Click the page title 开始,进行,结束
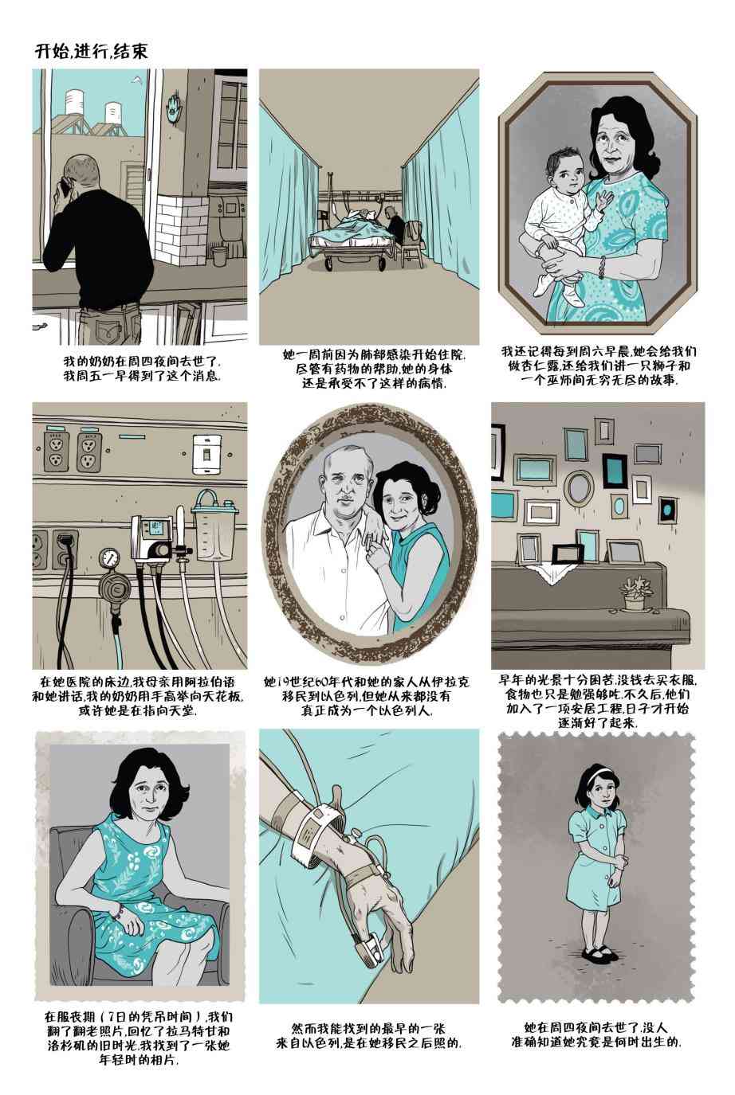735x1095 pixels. click(91, 51)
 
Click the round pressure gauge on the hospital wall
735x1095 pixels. click(107, 559)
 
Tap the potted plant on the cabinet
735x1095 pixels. click(635, 593)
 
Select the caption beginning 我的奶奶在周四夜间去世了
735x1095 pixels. click(143, 369)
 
